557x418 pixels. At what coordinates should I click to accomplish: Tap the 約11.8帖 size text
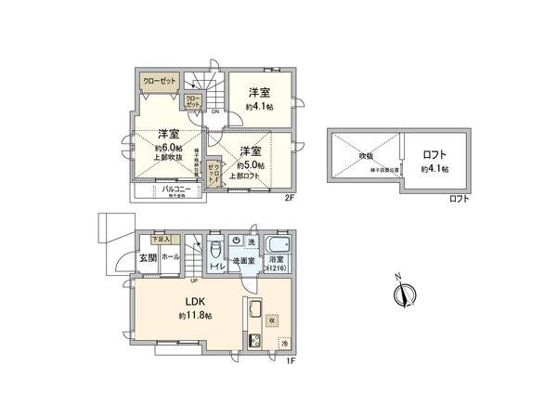point(195,316)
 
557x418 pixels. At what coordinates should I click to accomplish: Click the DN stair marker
point(214,112)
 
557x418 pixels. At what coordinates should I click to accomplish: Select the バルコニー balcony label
point(175,189)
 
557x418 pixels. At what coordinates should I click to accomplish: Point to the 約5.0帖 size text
point(251,164)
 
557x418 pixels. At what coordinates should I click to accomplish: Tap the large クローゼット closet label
point(159,81)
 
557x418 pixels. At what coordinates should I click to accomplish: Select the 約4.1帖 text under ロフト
point(434,169)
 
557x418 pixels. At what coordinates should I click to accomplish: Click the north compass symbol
point(401,294)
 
